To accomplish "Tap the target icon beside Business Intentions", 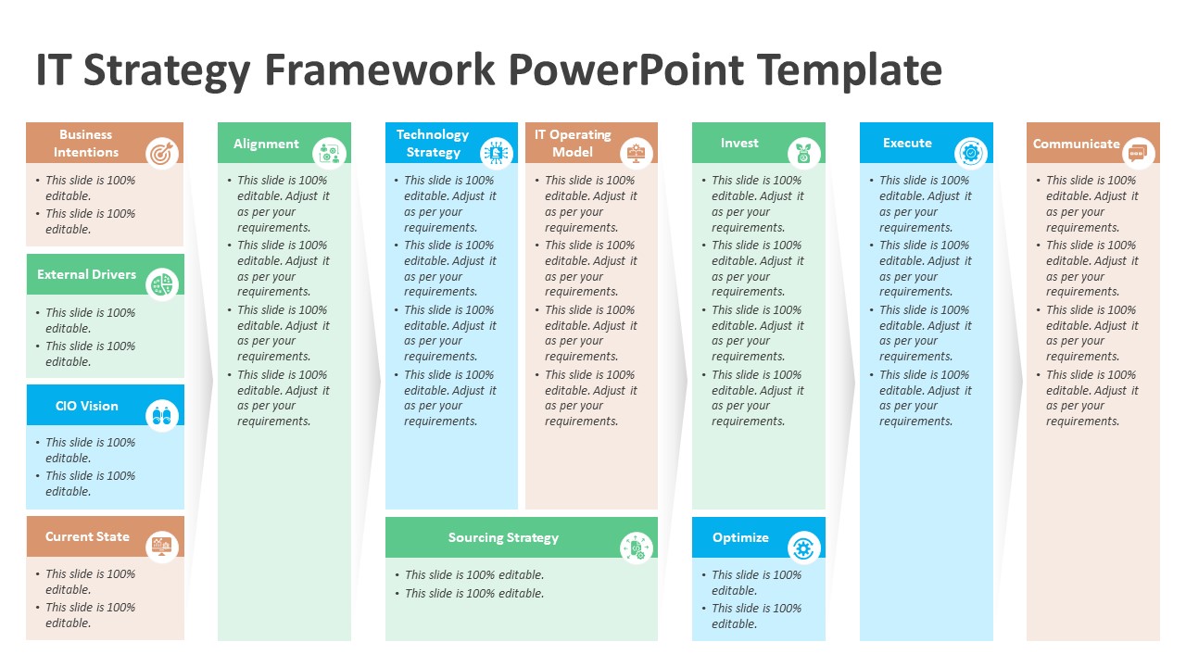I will pos(162,152).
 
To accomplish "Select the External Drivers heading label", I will pos(86,274).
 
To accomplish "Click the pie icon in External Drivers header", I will pos(162,284).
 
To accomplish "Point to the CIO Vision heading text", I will pos(86,406).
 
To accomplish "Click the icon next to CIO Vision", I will pos(162,416).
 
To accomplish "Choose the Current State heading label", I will pos(87,536).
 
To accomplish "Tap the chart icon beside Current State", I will pos(162,547).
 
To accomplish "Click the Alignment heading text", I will pos(266,144).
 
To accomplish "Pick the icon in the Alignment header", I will pos(329,153).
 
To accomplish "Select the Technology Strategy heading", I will pos(433,143).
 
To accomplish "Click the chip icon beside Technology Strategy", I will pos(497,153).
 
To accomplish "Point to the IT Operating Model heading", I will pos(573,143).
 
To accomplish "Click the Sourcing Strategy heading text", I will pos(503,537).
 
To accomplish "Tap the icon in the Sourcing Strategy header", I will pos(637,548).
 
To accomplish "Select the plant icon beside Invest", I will pos(803,153).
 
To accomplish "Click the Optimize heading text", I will pos(740,537).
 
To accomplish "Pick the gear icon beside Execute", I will pos(970,152).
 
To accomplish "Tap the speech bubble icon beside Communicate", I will pos(1138,152).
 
